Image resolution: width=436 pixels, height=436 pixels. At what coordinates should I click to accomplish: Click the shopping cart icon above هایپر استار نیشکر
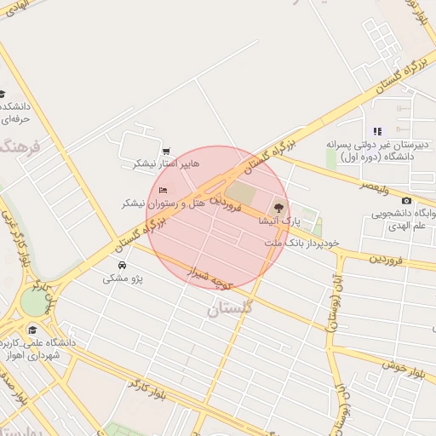164,151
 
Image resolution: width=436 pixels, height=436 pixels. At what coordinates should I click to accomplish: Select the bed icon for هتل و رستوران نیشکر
163,188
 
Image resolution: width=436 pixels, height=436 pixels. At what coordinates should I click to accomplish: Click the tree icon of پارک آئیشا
278,207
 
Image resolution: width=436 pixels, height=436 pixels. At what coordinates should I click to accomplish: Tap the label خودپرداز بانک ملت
301,243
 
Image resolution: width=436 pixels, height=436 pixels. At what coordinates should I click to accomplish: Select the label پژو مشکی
123,278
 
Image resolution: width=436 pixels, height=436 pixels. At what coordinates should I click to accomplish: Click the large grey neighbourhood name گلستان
230,310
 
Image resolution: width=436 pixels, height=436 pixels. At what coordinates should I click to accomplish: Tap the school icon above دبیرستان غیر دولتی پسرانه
376,131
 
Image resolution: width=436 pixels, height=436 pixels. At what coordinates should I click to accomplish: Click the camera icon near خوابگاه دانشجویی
406,200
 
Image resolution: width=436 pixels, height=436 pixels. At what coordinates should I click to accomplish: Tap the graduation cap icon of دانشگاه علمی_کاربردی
32,330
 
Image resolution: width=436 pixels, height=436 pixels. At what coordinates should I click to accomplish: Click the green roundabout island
34,302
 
